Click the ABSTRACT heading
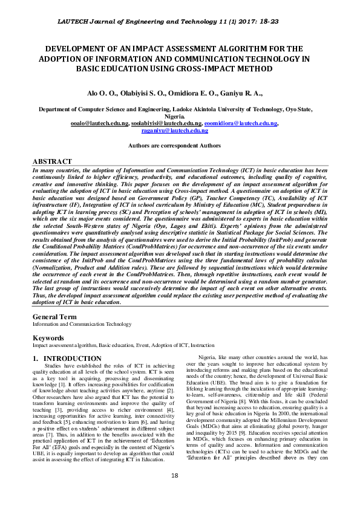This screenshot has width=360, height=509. tap(52, 162)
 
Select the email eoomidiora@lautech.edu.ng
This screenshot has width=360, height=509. tap(240, 123)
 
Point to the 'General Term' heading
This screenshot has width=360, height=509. tap(54, 317)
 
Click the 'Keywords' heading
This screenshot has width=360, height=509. tap(48, 338)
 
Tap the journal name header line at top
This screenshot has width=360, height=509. tap(180, 21)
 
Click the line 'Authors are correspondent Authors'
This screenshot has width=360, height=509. tap(180, 146)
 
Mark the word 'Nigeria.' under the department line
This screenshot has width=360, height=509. tap(180, 117)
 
